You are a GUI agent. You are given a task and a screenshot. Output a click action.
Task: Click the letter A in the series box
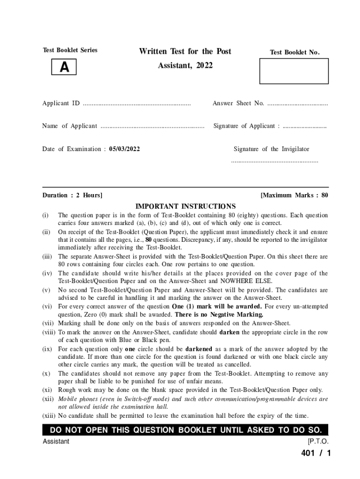coord(64,68)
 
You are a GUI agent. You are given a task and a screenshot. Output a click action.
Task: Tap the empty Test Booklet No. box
coord(294,71)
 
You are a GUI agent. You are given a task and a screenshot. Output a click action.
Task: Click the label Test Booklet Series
coord(70,50)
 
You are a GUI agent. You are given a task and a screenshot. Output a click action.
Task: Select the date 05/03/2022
coord(124,149)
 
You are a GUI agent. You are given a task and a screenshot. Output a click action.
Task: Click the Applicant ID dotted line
coord(137,104)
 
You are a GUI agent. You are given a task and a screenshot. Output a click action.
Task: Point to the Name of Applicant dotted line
coord(152,126)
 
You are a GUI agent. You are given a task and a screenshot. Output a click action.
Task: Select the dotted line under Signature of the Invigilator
coord(274,161)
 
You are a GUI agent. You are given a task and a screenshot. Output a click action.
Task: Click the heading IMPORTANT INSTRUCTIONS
coord(186,206)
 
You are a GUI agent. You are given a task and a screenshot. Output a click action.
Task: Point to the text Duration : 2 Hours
coord(72,195)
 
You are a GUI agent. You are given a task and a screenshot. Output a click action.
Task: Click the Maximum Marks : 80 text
coord(294,195)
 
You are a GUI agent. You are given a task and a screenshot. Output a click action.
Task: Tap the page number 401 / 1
coord(316,453)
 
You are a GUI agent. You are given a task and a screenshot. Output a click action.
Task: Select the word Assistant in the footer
coord(56,442)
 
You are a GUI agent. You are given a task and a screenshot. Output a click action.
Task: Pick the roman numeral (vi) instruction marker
coord(46,307)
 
